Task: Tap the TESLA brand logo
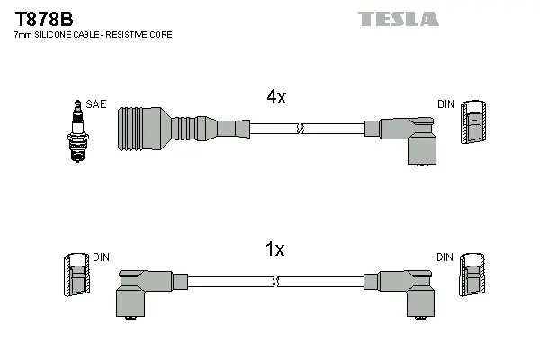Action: coord(398,19)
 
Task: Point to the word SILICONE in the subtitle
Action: coord(55,35)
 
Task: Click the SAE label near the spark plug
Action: coord(96,104)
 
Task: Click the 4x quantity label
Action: coord(275,97)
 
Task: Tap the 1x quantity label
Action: coord(275,249)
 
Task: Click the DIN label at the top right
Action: coord(445,104)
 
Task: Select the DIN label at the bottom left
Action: coord(101,257)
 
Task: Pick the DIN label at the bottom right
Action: coord(445,257)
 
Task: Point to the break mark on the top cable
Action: coord(303,130)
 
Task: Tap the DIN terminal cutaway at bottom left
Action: coord(77,275)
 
